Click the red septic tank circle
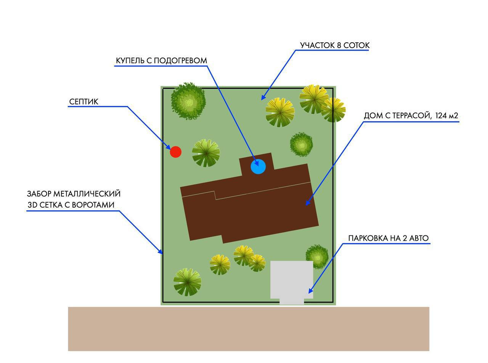click(x=175, y=152)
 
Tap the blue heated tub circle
click(x=258, y=166)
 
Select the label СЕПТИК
click(x=83, y=102)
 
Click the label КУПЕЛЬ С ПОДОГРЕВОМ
click(x=161, y=61)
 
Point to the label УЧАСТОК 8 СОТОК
click(x=335, y=45)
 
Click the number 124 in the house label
click(x=441, y=115)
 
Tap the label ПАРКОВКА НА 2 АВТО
click(x=388, y=238)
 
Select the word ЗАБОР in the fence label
click(x=39, y=193)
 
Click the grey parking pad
click(x=292, y=279)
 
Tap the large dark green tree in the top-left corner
click(x=188, y=101)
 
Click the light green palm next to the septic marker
click(x=206, y=153)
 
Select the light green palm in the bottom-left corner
click(x=187, y=282)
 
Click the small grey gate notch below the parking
click(x=292, y=302)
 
